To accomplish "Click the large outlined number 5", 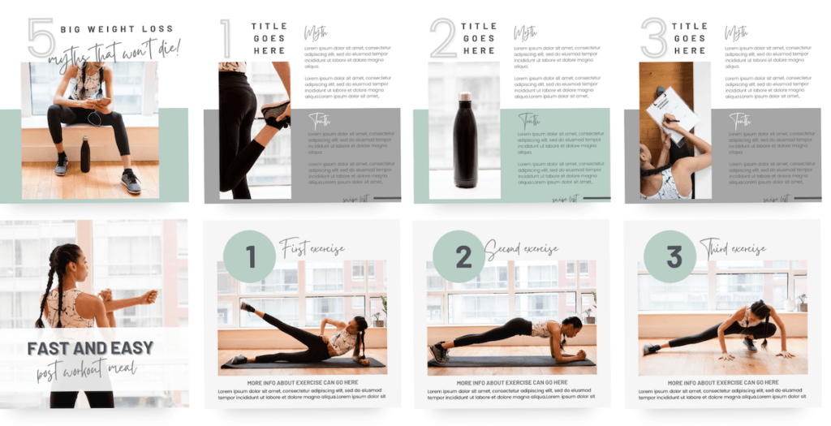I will coord(41,38).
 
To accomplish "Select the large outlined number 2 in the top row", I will coord(443,39).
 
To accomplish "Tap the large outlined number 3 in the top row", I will coord(653,38).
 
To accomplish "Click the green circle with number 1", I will coord(250,256).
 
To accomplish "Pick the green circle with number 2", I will coord(459,256).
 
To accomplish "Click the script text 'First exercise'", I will coord(312,248).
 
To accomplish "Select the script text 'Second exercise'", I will coord(522,248).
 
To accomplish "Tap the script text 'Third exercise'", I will coord(732,248).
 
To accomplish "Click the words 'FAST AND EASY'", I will coord(90,349).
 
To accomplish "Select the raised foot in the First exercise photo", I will coord(246,308).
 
